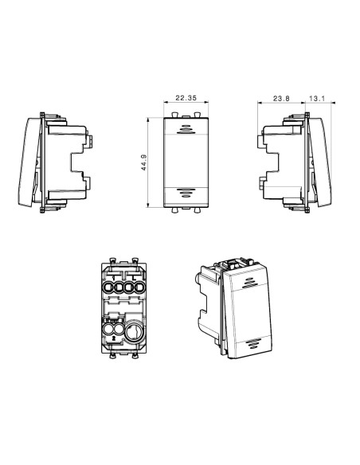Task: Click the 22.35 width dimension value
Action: [x=186, y=98]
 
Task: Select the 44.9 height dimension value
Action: [x=144, y=162]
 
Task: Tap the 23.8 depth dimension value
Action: [x=281, y=99]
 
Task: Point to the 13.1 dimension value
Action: [x=317, y=99]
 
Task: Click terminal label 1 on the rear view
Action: [x=113, y=278]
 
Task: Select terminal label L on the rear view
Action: [x=134, y=278]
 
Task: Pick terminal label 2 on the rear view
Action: [x=114, y=338]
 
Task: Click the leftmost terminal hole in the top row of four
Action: [x=108, y=287]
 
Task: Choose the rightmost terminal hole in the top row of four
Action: [x=139, y=287]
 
